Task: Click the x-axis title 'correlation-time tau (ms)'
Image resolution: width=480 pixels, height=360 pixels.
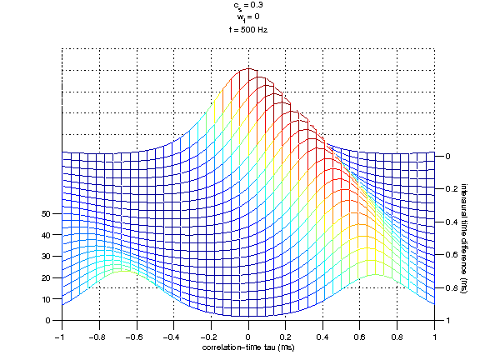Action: point(247,346)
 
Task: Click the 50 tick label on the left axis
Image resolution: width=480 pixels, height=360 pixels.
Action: point(47,213)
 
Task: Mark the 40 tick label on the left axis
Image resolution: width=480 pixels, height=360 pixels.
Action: point(47,235)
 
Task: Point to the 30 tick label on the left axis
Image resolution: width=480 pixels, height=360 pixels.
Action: point(47,256)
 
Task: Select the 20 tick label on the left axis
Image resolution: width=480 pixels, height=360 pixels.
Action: point(47,277)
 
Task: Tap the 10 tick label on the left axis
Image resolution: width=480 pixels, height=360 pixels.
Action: point(47,298)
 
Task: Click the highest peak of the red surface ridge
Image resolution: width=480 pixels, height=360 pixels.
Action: point(248,69)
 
